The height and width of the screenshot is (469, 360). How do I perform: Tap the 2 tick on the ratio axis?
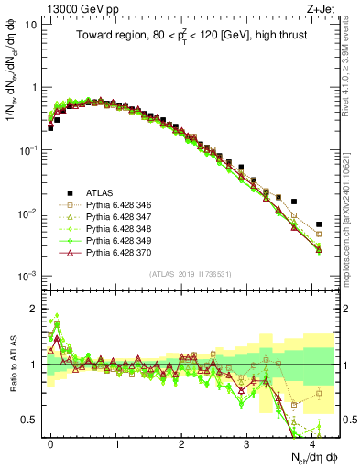[32, 308]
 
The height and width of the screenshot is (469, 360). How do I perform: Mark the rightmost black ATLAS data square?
[319, 224]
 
